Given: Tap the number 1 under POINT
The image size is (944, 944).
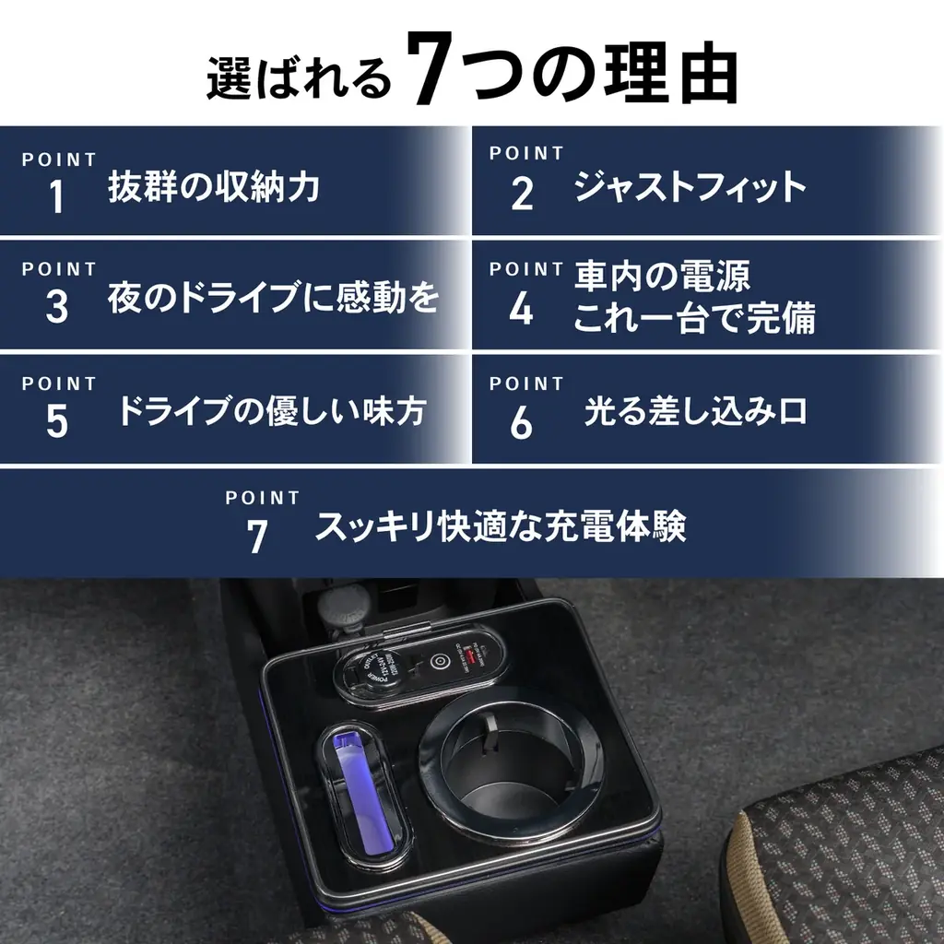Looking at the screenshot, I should tap(57, 196).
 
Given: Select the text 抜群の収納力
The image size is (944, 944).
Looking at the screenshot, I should tap(213, 187).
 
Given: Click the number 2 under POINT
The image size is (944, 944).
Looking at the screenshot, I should tap(522, 194).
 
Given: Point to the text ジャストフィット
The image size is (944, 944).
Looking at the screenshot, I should tap(690, 187).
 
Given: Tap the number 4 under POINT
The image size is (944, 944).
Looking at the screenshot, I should tap(522, 308).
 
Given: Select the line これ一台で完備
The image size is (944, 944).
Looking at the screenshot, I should tap(694, 319).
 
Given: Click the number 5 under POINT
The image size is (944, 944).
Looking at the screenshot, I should tap(57, 421).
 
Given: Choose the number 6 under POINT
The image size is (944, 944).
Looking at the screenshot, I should tap(522, 421).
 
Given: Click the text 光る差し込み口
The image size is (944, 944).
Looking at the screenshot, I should tap(695, 411).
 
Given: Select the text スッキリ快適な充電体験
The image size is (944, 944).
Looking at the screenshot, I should tap(501, 527).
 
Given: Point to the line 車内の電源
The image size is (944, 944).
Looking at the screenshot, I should tap(662, 276).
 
